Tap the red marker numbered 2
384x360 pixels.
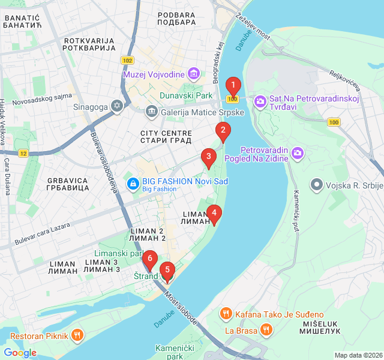[x=223, y=130]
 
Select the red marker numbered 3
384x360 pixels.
[x=208, y=158]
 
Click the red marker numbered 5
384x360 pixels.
[x=167, y=270]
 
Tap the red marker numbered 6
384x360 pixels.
[x=149, y=260]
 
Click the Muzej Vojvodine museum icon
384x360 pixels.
[x=194, y=75]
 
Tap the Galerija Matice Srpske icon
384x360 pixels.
[x=151, y=112]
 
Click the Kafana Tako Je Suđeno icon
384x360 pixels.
[x=226, y=314]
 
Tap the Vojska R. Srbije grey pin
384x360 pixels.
[x=316, y=185]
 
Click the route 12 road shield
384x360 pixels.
[x=23, y=154]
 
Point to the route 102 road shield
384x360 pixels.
[x=127, y=61]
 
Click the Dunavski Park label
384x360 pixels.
[x=186, y=95]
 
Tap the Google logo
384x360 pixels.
[x=20, y=353]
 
